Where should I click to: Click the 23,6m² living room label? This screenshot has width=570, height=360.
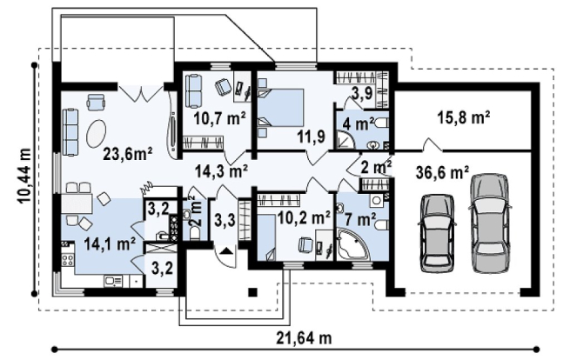click(128, 154)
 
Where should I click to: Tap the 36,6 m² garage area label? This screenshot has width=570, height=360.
click(442, 172)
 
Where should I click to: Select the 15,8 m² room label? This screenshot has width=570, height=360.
click(464, 118)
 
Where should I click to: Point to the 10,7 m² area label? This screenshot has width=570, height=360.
click(219, 118)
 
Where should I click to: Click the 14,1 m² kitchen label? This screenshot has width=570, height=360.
click(110, 243)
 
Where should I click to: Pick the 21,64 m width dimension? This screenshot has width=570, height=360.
click(304, 338)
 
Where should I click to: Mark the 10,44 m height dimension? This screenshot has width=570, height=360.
click(23, 176)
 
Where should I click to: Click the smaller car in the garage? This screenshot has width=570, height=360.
click(437, 233)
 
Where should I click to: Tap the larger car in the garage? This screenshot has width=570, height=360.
click(489, 223)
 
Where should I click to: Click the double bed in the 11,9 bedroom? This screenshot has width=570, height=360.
click(280, 108)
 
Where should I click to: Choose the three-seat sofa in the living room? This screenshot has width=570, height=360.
click(70, 132)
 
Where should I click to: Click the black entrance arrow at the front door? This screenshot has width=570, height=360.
click(225, 251)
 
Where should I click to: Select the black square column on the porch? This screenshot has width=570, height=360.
click(252, 292)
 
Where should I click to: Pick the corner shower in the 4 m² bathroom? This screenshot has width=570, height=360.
click(345, 140)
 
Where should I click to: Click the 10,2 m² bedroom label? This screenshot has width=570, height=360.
click(304, 217)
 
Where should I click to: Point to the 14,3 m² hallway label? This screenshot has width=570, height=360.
click(221, 170)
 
